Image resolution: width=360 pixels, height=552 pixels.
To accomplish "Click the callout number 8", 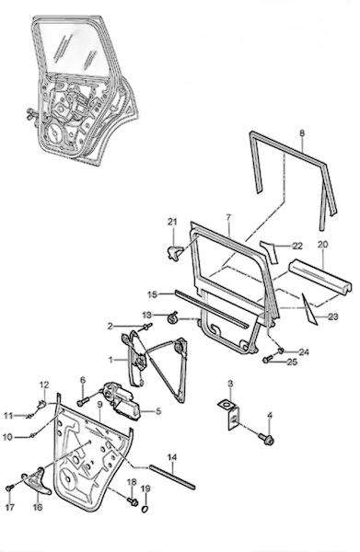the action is (302, 133).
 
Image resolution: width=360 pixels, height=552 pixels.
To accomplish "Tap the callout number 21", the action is (172, 222).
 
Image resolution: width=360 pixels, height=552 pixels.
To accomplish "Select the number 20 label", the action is (322, 244).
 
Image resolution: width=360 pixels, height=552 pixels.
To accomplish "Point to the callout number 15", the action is (152, 294).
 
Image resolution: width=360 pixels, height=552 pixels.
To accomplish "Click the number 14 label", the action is (172, 457).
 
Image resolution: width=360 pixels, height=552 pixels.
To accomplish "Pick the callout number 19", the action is (145, 489).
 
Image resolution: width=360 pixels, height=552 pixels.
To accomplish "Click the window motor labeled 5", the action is (121, 401).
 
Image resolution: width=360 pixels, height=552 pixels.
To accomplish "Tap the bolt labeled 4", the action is (267, 439).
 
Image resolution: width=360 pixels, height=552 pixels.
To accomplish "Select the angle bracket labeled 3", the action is (229, 414).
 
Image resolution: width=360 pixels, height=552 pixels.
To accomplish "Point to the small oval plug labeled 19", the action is (145, 509).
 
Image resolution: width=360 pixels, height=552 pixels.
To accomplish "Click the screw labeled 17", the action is (10, 488).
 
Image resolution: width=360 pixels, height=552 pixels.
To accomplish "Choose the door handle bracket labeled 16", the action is (36, 481).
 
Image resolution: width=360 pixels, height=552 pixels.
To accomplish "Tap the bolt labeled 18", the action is (134, 501).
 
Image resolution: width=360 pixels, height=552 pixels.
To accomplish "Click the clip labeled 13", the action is (172, 318).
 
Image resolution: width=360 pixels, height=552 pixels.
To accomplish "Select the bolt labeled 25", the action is (268, 360).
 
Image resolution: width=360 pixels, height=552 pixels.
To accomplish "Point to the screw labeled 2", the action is (147, 327).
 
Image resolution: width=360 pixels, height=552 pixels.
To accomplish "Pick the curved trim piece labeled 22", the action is (270, 251).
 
